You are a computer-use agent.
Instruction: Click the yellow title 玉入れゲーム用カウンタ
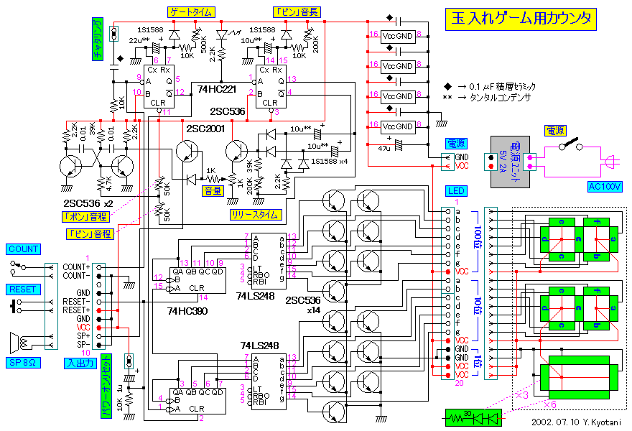(521, 19)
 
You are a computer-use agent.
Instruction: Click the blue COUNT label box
(24, 249)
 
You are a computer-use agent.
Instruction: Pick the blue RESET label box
(22, 289)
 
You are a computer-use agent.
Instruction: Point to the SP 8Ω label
(24, 363)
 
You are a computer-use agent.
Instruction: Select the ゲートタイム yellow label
(190, 11)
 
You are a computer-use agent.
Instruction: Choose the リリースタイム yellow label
(256, 215)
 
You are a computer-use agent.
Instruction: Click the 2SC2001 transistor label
(205, 129)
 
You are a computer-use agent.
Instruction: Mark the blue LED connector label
(456, 190)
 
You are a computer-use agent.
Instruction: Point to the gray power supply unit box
(510, 162)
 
